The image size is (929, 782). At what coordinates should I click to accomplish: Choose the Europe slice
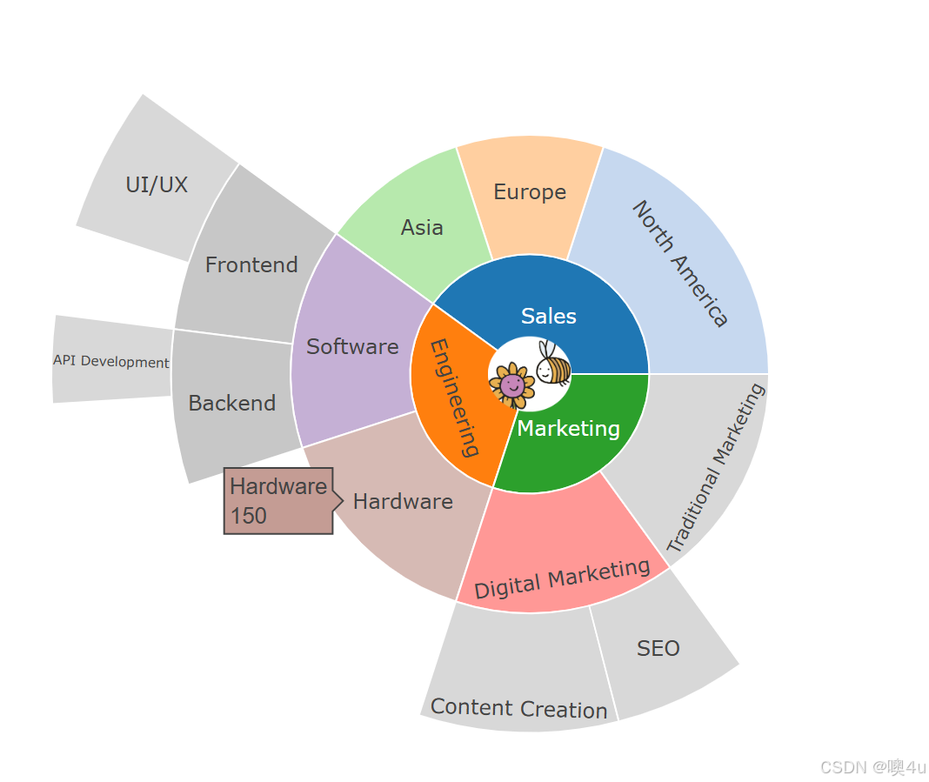pyautogui.click(x=530, y=193)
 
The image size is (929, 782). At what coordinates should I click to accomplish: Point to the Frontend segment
pyautogui.click(x=251, y=265)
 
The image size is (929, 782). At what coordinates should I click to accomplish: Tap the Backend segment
pyautogui.click(x=232, y=404)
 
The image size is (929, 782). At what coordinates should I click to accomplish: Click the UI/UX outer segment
pyautogui.click(x=157, y=185)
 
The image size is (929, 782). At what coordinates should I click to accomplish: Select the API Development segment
pyautogui.click(x=111, y=362)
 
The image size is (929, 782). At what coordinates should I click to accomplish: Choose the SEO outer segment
pyautogui.click(x=658, y=649)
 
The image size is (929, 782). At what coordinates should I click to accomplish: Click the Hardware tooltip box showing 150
pyautogui.click(x=278, y=500)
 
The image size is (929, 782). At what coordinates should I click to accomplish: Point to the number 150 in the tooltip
pyautogui.click(x=249, y=516)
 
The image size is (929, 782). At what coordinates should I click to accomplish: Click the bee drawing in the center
pyautogui.click(x=552, y=364)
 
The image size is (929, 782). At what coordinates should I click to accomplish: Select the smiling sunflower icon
pyautogui.click(x=511, y=383)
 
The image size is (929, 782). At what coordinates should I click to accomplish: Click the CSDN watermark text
pyautogui.click(x=872, y=766)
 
